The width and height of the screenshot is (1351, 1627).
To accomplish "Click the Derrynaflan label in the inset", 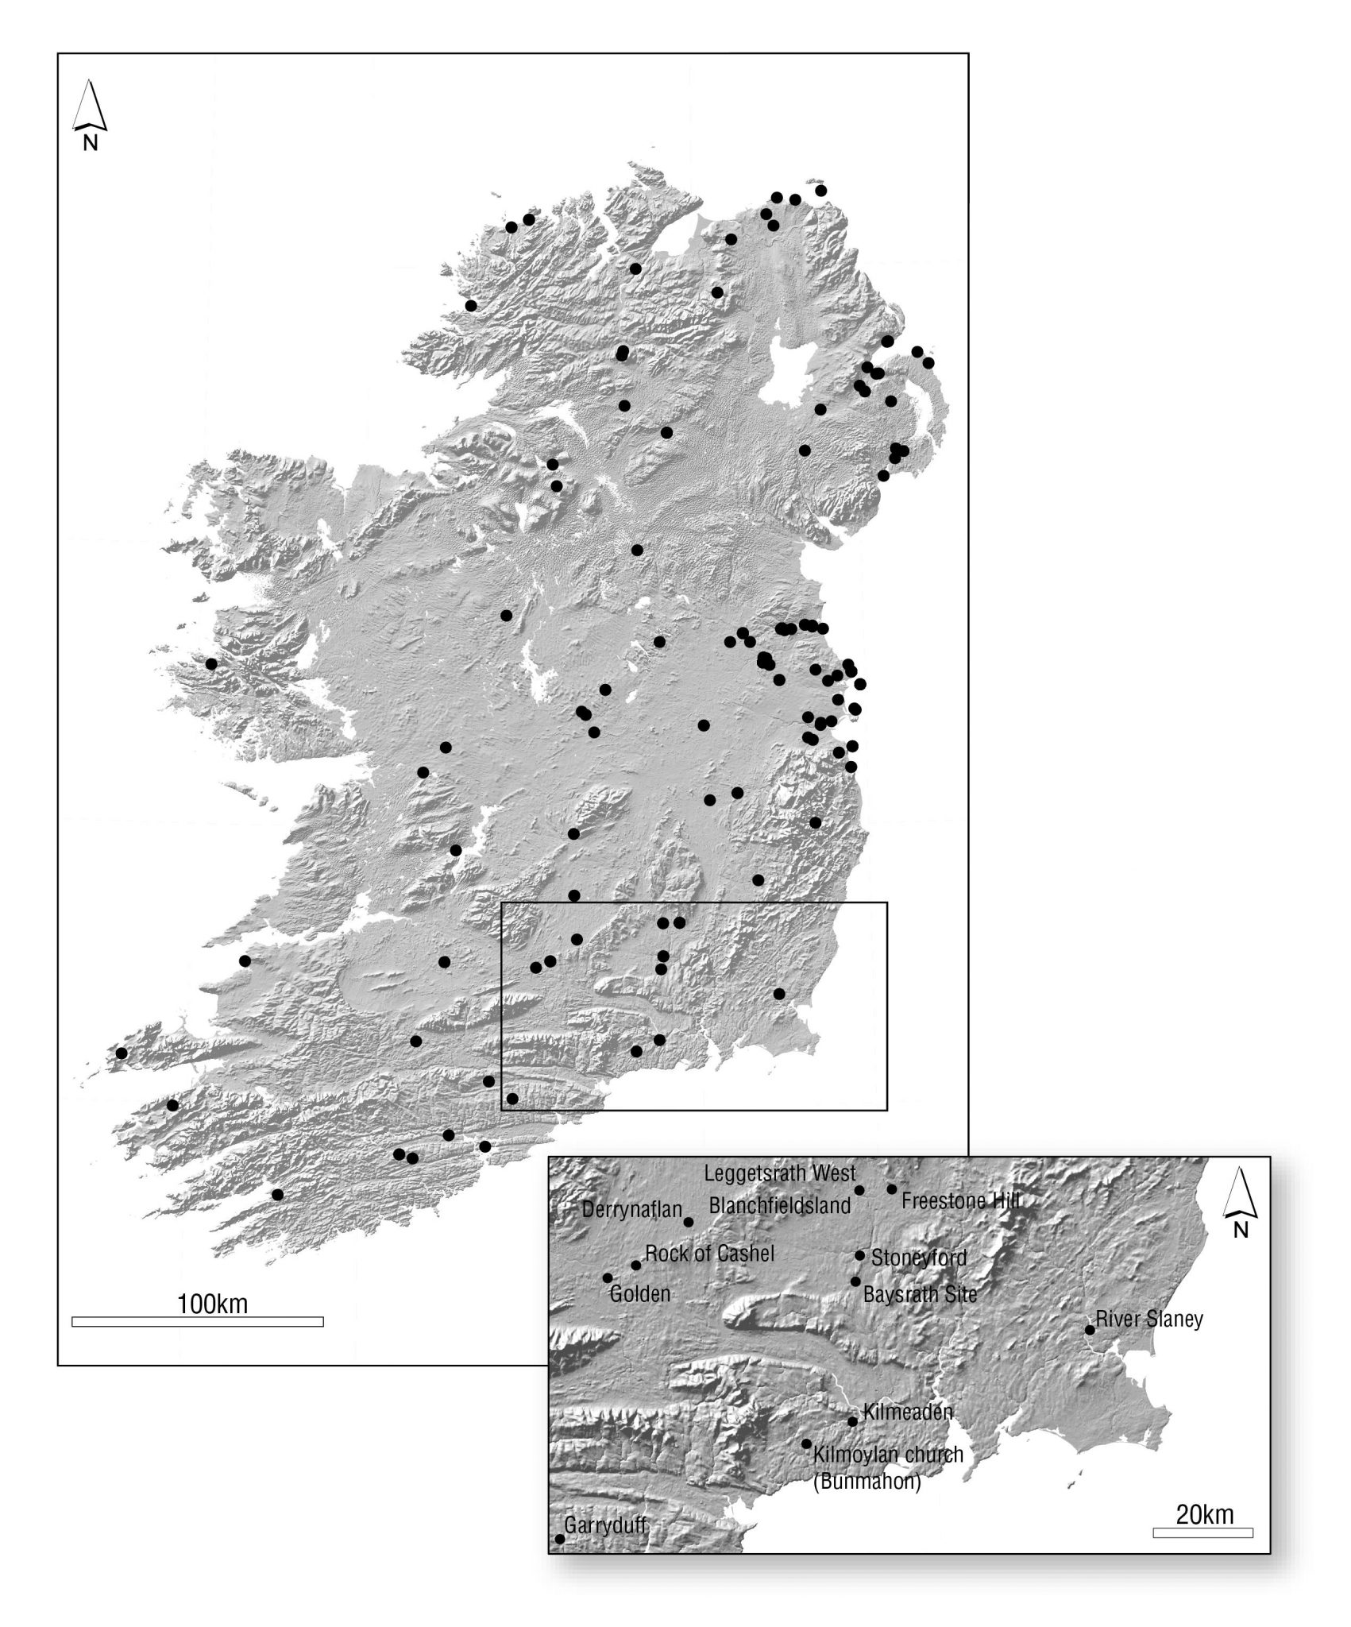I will point(631,1210).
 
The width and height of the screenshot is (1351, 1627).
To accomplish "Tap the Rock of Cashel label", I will point(709,1254).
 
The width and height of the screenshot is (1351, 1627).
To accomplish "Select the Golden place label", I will point(640,1294).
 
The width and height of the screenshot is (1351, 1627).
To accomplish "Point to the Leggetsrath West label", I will point(780,1173).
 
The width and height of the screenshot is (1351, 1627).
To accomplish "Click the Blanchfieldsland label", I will point(780,1205).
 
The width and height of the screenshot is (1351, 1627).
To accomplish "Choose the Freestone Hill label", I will point(960,1200).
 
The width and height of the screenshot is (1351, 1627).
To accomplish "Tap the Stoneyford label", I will point(919,1258).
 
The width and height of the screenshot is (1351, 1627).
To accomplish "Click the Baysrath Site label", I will point(920,1294).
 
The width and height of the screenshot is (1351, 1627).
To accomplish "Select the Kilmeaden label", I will point(907,1413).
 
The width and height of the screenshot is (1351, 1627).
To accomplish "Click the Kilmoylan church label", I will point(888,1455).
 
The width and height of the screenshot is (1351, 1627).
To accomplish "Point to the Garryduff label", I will point(605,1526).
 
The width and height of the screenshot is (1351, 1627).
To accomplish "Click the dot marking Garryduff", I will point(559,1539).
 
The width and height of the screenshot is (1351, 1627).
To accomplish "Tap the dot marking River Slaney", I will point(1090,1330).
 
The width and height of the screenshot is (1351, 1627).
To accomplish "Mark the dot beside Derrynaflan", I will point(689,1222).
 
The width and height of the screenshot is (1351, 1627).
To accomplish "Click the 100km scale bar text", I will point(212,1304).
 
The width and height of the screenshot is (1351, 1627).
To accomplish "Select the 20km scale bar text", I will point(1205,1514).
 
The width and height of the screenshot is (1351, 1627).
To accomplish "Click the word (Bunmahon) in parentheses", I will point(867,1482).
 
